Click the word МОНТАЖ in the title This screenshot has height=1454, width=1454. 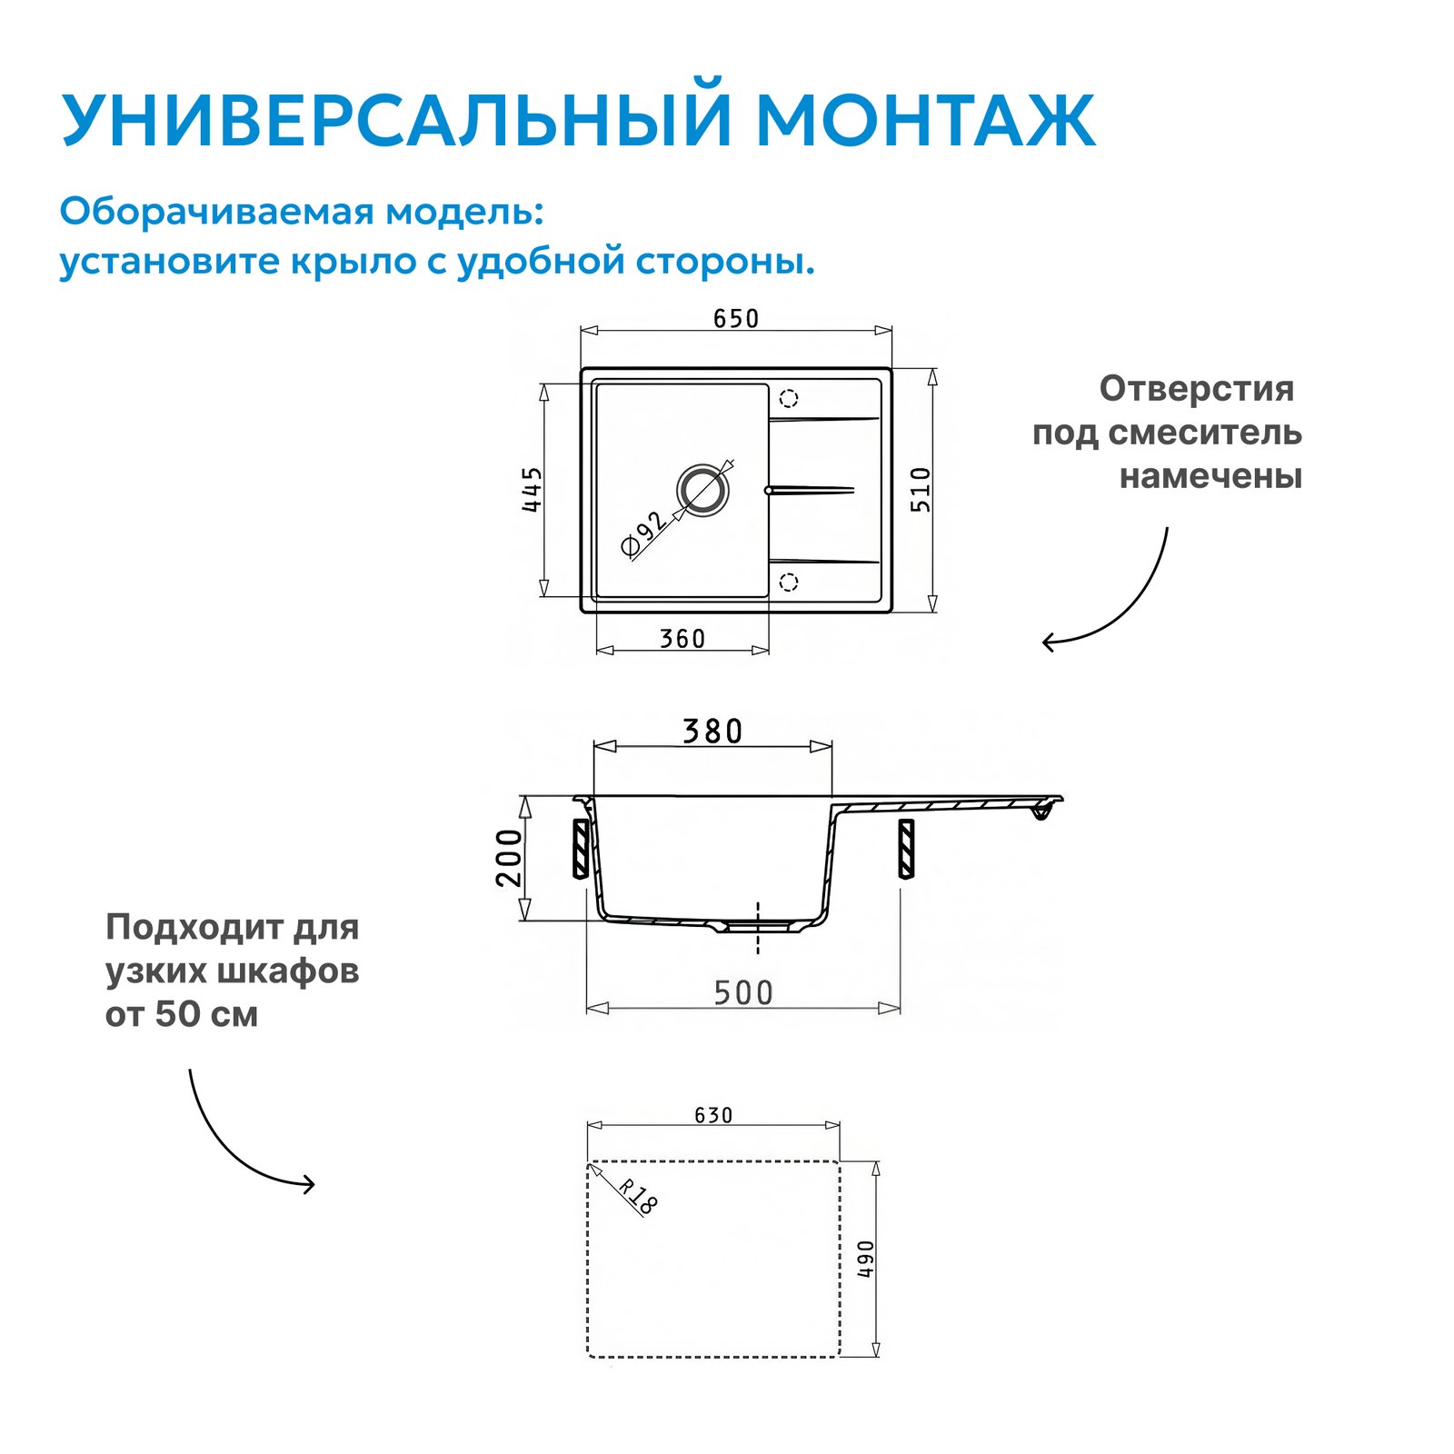(926, 120)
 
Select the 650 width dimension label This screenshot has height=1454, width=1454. (736, 319)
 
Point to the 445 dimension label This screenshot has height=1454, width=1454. (533, 489)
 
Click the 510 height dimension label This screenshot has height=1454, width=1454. (921, 490)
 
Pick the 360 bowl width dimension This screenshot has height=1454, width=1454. (682, 639)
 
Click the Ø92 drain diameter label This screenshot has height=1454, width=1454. (643, 533)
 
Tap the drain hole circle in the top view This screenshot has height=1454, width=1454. (702, 491)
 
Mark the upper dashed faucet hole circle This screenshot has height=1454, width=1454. (789, 398)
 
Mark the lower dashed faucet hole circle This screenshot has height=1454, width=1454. (789, 582)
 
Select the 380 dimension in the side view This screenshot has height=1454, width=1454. (712, 732)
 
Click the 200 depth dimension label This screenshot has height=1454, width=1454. (510, 858)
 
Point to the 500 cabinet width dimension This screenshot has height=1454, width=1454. (743, 993)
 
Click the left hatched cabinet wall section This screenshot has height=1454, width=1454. (581, 849)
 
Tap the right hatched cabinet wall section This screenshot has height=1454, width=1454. (906, 849)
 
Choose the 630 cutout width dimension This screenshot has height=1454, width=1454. (713, 1115)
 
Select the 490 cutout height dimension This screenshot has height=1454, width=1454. (866, 1260)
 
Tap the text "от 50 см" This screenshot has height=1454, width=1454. (182, 1014)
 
